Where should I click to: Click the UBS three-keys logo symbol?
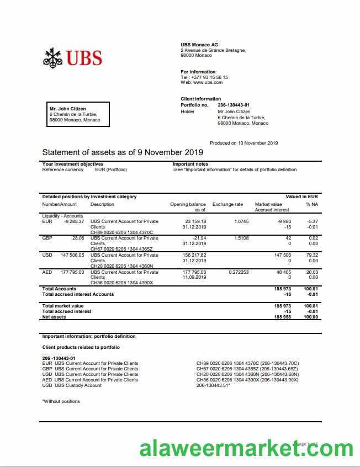[53, 57]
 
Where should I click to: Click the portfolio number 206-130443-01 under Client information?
[234, 105]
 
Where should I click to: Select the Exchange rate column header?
[227, 204]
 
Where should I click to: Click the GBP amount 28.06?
[78, 238]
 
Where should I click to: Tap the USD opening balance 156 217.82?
[195, 255]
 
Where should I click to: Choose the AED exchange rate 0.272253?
[239, 272]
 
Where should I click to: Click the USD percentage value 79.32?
[313, 255]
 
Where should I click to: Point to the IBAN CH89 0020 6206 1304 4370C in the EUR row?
[121, 232]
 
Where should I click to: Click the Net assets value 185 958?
[283, 317]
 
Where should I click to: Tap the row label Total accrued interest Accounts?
[78, 294]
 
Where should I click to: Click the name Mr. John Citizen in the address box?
[68, 109]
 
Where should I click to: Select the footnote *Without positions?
[61, 401]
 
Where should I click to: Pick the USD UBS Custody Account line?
[72, 385]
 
